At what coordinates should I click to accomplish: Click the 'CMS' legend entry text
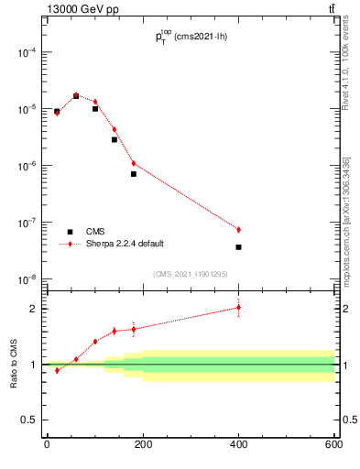pos(95,232)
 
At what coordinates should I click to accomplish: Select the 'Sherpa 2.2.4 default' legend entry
pos(125,244)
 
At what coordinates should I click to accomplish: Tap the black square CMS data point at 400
pos(238,247)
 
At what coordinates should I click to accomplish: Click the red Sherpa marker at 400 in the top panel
pos(238,229)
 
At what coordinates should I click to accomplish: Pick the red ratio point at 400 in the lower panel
pos(238,307)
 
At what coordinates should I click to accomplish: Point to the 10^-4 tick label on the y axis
pos(24,52)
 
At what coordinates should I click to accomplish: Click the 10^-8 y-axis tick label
pos(24,279)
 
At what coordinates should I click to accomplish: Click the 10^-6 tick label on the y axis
pos(24,166)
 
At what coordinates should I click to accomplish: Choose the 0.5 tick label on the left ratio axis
pos(27,420)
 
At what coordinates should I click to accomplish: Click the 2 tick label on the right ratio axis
pos(344,309)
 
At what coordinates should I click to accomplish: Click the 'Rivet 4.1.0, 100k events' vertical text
pos(345,69)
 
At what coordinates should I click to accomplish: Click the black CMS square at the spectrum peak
pos(76,95)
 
